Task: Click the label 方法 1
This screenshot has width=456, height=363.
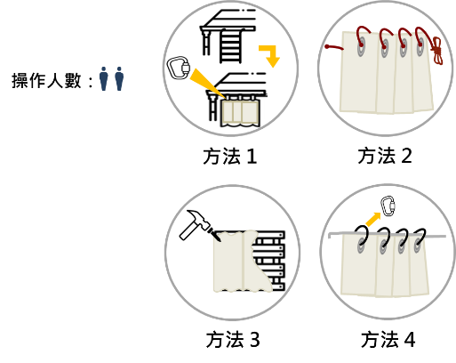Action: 230,157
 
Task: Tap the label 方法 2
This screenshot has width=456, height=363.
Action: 385,156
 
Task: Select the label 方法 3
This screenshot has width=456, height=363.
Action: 233,340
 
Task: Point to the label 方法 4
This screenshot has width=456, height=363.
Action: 388,339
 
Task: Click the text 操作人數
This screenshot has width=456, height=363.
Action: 46,81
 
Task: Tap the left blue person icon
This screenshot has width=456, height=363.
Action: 103,78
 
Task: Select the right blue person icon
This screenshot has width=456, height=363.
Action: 119,78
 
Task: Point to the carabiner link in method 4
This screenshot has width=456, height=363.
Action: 388,206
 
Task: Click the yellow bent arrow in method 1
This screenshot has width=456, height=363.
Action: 270,55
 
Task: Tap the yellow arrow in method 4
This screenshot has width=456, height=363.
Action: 373,219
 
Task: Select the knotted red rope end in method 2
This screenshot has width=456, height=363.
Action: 437,51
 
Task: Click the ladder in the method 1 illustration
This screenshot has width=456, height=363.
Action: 231,47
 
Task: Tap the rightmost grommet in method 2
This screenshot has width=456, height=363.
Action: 420,48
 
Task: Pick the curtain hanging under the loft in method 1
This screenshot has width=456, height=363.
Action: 240,113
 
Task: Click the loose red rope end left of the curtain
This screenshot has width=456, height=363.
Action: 333,47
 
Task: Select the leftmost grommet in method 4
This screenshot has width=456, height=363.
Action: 361,245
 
